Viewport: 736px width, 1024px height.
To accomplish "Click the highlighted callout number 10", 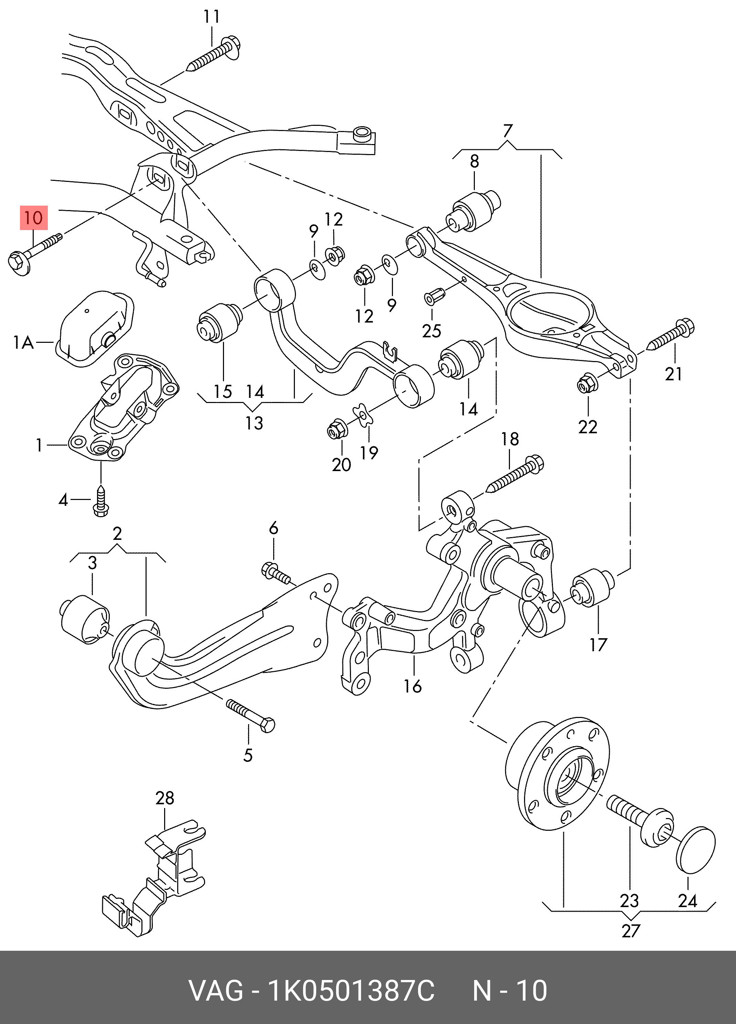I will (33, 218).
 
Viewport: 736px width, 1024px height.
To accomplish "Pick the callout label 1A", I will (23, 343).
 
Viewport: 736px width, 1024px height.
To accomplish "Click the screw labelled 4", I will (101, 501).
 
